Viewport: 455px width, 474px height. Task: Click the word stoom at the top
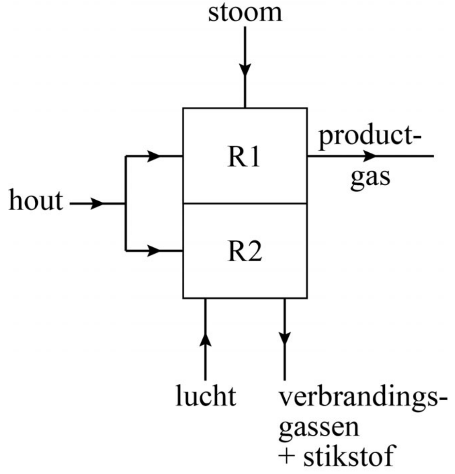(x=245, y=13)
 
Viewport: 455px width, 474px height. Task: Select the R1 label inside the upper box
(x=244, y=158)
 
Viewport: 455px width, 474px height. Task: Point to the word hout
(x=36, y=201)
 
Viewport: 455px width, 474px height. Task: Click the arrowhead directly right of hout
(x=97, y=204)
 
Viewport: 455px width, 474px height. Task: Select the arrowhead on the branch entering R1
(x=153, y=156)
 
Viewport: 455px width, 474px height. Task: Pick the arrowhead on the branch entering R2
(x=153, y=250)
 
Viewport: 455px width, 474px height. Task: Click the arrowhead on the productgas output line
(x=368, y=156)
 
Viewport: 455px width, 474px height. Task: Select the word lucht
(x=206, y=396)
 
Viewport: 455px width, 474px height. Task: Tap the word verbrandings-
(x=363, y=399)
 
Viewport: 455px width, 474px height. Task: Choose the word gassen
(x=319, y=428)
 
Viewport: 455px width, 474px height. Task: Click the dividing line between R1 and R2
(x=245, y=204)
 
